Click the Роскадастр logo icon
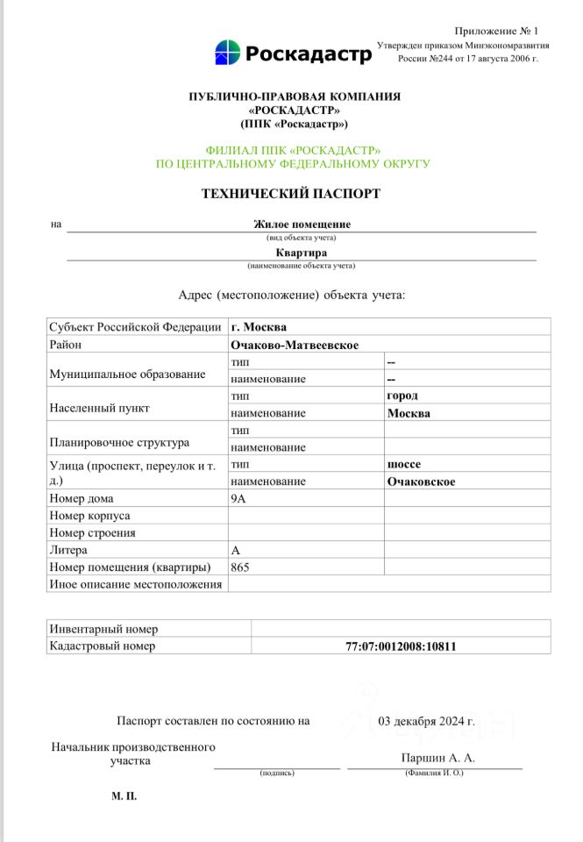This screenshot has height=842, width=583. click(227, 53)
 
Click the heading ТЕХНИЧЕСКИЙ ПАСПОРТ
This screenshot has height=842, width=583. click(291, 194)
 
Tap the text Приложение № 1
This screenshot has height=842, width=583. click(496, 31)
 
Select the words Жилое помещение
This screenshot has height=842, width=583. click(302, 224)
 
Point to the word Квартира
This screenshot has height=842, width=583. click(302, 253)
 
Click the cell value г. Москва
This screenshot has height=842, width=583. click(259, 327)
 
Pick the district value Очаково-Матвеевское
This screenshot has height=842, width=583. click(295, 346)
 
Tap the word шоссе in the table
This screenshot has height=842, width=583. click(404, 464)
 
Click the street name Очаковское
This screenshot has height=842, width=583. click(421, 482)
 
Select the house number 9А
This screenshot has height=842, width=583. click(239, 498)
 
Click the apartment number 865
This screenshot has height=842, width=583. click(240, 567)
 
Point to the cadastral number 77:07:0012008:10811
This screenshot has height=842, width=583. click(401, 646)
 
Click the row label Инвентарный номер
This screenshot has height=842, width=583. click(103, 629)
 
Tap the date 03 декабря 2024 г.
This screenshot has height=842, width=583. click(427, 722)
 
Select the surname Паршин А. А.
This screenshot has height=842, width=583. click(437, 758)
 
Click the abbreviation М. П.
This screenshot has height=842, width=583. click(124, 796)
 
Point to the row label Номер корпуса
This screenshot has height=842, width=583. click(90, 516)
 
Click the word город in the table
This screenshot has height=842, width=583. click(402, 396)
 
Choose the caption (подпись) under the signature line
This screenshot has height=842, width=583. click(276, 773)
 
